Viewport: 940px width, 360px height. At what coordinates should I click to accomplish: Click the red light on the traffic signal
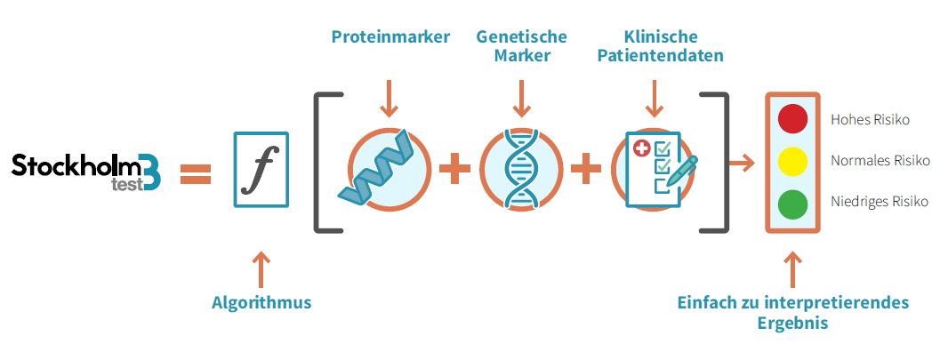point(792,118)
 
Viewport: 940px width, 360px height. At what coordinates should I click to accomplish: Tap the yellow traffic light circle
point(792,162)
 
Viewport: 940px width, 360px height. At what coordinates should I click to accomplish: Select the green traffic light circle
point(792,205)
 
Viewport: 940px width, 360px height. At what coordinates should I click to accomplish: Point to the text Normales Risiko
point(880,161)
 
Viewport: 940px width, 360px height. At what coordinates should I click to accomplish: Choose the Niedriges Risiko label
point(879,202)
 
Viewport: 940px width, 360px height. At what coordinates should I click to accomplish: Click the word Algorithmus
point(261,302)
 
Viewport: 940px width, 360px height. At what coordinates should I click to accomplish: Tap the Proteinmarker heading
point(390,37)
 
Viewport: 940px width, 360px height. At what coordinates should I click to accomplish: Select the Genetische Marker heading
point(521,46)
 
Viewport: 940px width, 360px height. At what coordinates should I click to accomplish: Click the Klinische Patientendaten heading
point(660,46)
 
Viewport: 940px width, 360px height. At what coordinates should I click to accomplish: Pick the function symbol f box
point(261,169)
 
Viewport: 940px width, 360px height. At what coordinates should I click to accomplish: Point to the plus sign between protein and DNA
point(454,169)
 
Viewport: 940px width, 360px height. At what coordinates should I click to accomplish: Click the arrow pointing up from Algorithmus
point(261,267)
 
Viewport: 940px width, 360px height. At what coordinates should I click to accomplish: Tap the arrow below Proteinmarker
point(389,97)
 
